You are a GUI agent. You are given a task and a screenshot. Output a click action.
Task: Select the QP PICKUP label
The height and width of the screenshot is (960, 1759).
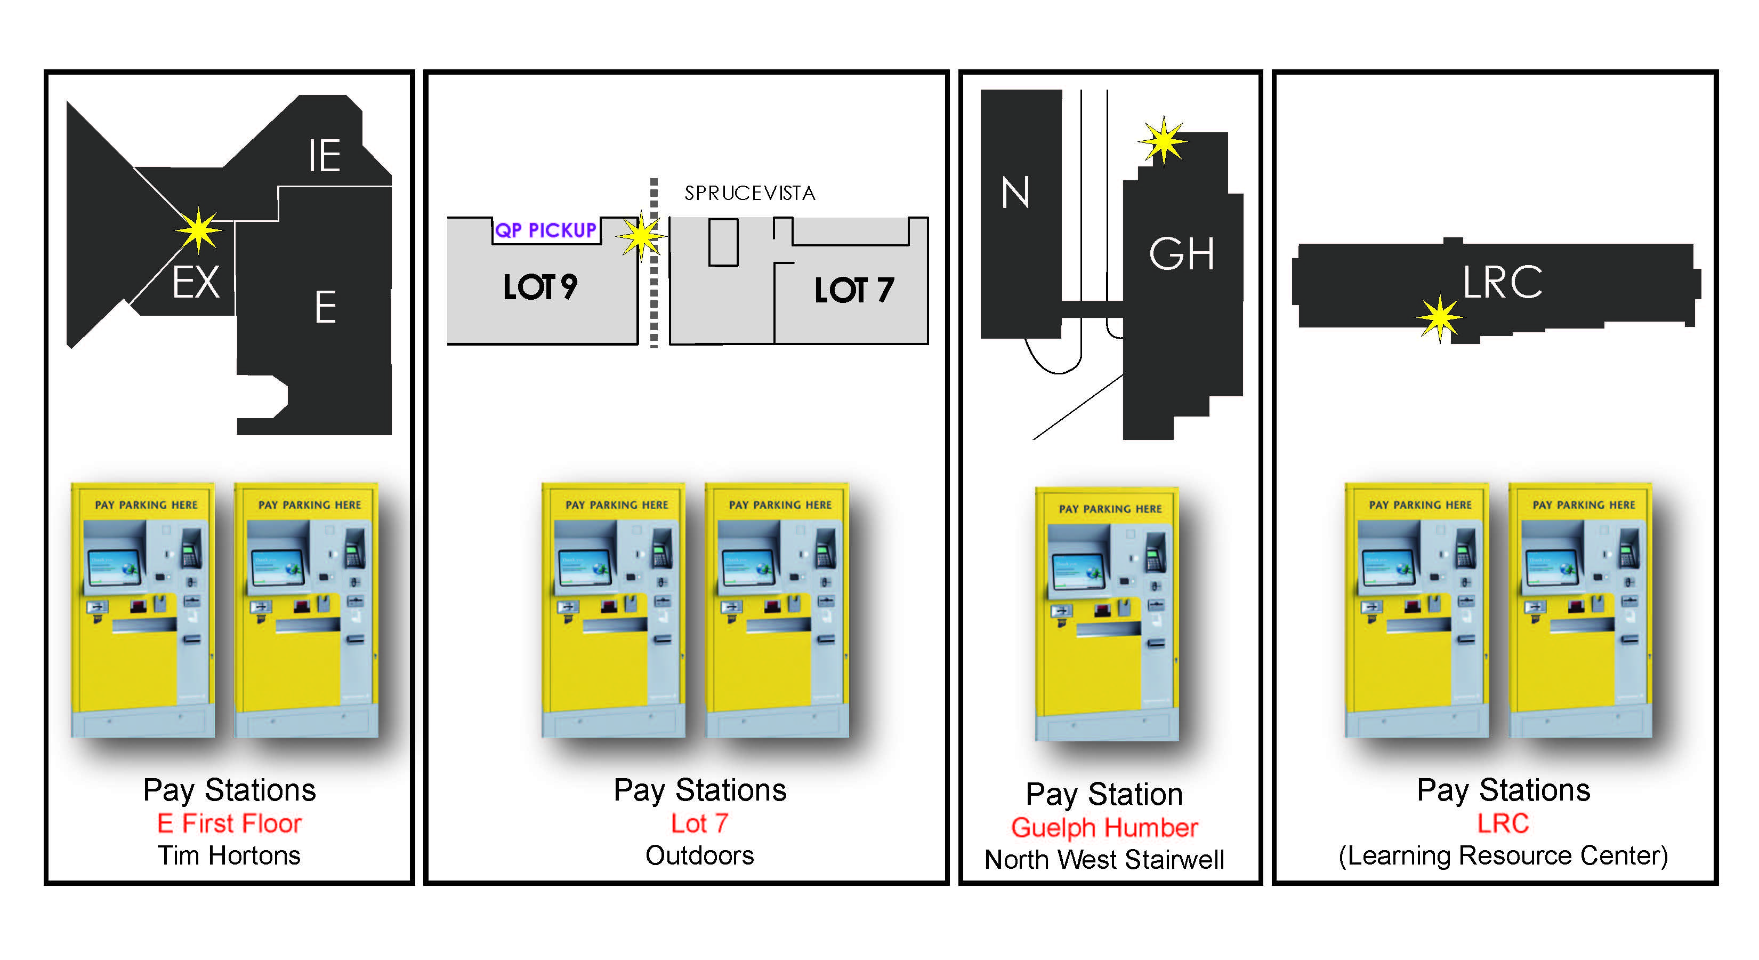pyautogui.click(x=546, y=230)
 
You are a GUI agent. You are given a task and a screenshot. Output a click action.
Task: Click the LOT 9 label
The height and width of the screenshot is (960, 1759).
pyautogui.click(x=539, y=287)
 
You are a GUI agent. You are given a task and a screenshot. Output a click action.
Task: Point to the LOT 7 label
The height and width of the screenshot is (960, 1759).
pyautogui.click(x=853, y=290)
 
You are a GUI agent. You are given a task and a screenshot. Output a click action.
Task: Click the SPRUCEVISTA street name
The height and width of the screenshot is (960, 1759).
pyautogui.click(x=750, y=194)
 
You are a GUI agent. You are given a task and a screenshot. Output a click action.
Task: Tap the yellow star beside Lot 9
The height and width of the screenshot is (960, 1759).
pyautogui.click(x=641, y=236)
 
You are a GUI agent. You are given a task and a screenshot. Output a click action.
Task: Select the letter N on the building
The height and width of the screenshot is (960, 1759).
pyautogui.click(x=1015, y=193)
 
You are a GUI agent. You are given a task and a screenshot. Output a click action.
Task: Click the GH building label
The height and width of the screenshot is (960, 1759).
pyautogui.click(x=1181, y=254)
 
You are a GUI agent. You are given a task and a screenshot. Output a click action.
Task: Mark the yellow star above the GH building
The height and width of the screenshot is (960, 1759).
pyautogui.click(x=1163, y=141)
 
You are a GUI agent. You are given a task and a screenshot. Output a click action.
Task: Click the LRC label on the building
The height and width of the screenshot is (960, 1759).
pyautogui.click(x=1502, y=282)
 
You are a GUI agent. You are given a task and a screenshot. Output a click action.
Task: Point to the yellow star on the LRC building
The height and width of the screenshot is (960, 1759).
pyautogui.click(x=1439, y=318)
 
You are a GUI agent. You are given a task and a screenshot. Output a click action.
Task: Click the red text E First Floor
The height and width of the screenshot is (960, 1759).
pyautogui.click(x=229, y=823)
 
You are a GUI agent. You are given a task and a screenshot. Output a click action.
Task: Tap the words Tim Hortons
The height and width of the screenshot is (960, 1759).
pyautogui.click(x=229, y=855)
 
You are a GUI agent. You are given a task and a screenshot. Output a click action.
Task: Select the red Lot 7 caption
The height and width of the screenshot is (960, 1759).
pyautogui.click(x=699, y=823)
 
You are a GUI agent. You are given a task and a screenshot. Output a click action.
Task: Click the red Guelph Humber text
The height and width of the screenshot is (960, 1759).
pyautogui.click(x=1104, y=827)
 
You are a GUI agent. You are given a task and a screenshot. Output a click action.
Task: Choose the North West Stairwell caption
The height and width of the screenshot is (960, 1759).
pyautogui.click(x=1104, y=860)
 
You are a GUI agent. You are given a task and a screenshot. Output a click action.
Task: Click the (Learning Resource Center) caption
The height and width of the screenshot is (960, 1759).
pyautogui.click(x=1503, y=855)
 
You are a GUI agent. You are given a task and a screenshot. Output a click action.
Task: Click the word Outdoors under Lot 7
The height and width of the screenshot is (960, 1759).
pyautogui.click(x=699, y=855)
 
